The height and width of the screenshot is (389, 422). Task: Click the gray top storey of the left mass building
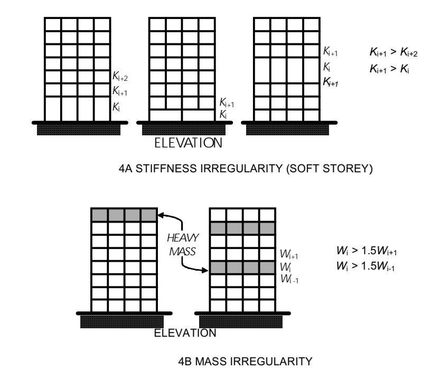click(x=124, y=215)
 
